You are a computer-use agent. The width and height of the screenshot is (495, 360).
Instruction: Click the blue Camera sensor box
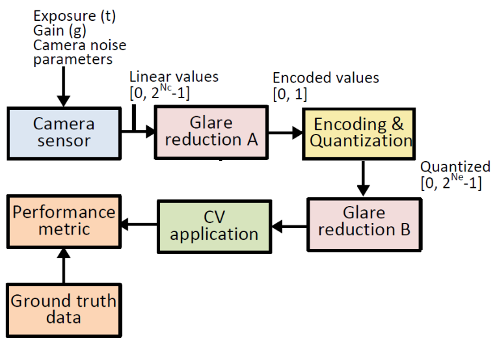pyautogui.click(x=64, y=132)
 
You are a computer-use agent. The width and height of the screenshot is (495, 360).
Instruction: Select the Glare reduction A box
pyautogui.click(x=211, y=132)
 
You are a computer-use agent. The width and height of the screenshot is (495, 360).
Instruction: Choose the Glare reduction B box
pyautogui.click(x=364, y=222)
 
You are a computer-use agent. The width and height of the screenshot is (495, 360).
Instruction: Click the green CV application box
pyautogui.click(x=213, y=225)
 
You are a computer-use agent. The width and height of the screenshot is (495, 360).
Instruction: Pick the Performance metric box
pyautogui.click(x=64, y=222)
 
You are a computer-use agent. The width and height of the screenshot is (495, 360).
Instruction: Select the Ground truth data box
pyautogui.click(x=64, y=309)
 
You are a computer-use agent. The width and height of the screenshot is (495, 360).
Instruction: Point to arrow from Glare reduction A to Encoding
pyautogui.click(x=284, y=132)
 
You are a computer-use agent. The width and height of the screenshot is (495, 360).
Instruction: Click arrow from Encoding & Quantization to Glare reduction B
pyautogui.click(x=364, y=177)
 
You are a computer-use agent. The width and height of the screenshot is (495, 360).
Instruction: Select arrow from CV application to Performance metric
pyautogui.click(x=138, y=225)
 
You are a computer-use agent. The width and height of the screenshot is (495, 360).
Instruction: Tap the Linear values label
pyautogui.click(x=174, y=77)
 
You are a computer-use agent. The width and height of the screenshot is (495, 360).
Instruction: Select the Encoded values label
pyautogui.click(x=325, y=78)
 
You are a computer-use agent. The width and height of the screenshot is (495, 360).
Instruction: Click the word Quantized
pyautogui.click(x=455, y=167)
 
